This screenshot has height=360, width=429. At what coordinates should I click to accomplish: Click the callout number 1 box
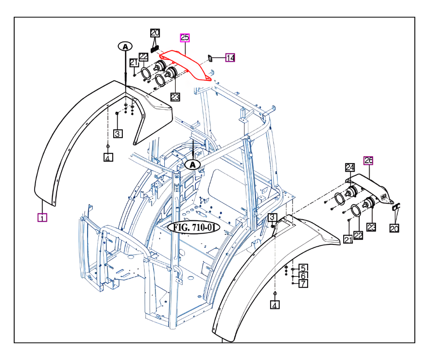coord(42,217)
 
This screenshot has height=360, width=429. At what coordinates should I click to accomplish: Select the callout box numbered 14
coord(230,58)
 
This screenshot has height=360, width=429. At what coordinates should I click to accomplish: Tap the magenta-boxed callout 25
coord(185,37)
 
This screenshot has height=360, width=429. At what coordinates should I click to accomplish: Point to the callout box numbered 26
coord(368,160)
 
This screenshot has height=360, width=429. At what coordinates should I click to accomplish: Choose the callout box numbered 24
coord(350,168)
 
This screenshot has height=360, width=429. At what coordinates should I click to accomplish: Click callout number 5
coord(303,268)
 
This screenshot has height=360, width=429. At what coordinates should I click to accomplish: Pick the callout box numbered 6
coord(303,275)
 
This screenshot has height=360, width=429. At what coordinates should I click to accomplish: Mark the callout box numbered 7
coord(303,283)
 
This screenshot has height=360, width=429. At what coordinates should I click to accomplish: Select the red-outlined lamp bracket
coord(189,64)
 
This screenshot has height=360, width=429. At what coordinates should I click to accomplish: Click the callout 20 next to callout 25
coord(155,33)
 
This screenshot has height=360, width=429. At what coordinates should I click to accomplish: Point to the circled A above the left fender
coord(125,46)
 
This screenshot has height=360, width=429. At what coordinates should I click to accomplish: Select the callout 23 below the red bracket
coord(175,96)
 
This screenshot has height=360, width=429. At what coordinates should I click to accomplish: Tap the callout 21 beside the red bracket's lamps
coord(133,62)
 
